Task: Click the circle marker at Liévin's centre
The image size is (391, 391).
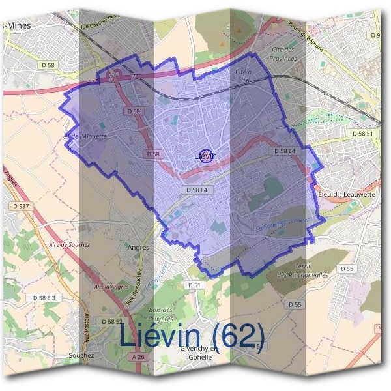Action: (x=206, y=156)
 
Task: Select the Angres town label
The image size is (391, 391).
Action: (x=138, y=248)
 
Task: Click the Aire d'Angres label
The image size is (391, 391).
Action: (x=111, y=287)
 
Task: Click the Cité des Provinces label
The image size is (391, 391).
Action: (x=282, y=54)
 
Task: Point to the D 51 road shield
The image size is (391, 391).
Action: (x=195, y=285)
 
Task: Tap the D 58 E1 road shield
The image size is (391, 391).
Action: (x=364, y=133)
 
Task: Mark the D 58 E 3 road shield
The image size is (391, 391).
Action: (x=44, y=297)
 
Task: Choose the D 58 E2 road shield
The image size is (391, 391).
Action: (x=112, y=322)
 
